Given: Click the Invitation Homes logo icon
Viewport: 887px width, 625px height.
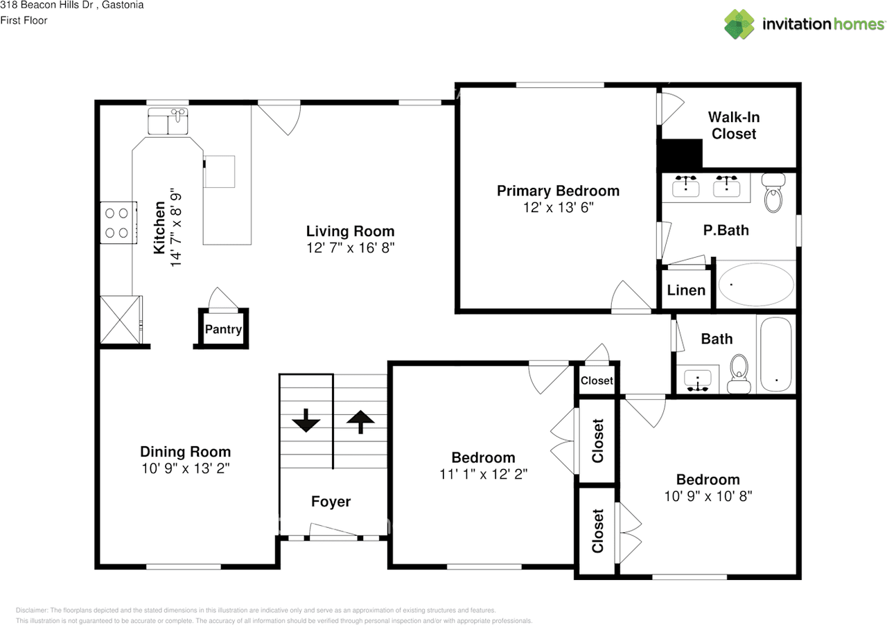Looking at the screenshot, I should tap(739, 24).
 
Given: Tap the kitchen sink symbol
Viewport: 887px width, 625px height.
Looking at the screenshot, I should tap(169, 122).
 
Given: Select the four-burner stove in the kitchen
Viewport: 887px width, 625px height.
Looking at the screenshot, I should tap(118, 223).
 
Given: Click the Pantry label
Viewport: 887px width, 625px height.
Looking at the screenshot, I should tap(223, 329).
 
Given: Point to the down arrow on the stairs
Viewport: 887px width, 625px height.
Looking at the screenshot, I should tap(305, 421).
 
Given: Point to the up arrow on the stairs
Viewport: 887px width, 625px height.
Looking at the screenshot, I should tap(360, 421).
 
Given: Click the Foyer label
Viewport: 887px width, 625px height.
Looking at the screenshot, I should tap(331, 502).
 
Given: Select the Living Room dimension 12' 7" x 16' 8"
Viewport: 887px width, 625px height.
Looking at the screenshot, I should tap(350, 247).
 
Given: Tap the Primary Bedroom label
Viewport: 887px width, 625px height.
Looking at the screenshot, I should tap(558, 191).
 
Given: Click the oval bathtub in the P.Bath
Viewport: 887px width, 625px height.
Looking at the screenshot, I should tap(756, 284).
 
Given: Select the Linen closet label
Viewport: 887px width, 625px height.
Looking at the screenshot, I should tap(686, 290).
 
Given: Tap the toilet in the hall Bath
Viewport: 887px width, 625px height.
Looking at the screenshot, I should tap(739, 373).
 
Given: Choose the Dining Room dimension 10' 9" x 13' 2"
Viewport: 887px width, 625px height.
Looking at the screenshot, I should tap(185, 468).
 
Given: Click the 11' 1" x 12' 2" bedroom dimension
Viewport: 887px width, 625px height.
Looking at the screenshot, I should tap(483, 474).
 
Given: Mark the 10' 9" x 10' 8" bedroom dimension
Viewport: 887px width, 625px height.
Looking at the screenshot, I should tap(708, 496).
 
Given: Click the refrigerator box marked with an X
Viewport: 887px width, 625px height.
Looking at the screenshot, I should tap(121, 319).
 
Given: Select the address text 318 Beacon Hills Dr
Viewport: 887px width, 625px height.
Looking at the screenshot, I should tap(42, 6).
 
